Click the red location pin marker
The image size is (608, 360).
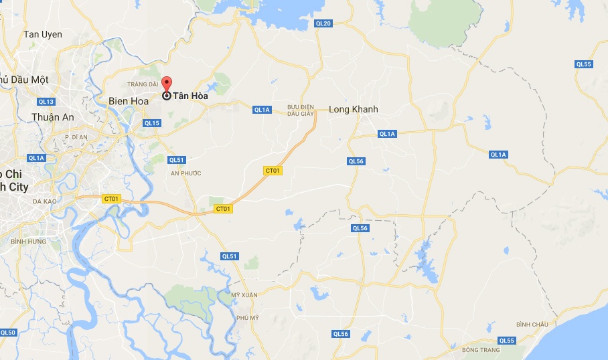click(x=166, y=85)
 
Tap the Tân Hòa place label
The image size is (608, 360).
click(x=190, y=96)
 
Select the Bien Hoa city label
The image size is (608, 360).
click(x=127, y=101)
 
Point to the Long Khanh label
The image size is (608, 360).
click(x=354, y=110)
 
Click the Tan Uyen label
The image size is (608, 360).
click(x=42, y=34)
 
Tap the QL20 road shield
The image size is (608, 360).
click(x=323, y=23)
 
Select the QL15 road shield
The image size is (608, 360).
click(x=152, y=123)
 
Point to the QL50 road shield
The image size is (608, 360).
click(x=8, y=333)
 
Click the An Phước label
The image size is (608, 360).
click(x=185, y=173)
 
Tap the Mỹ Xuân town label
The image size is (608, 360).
click(x=244, y=295)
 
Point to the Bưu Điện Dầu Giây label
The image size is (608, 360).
click(x=301, y=110)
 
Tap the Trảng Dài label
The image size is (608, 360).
click(x=145, y=84)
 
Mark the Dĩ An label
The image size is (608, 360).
click(x=76, y=137)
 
